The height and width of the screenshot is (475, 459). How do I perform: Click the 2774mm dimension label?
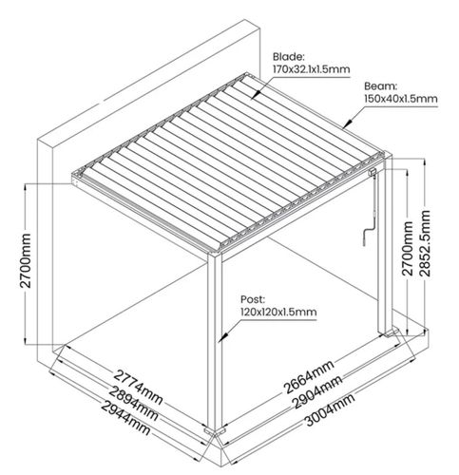pyautogui.click(x=139, y=387)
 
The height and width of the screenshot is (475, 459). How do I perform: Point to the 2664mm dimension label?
pyautogui.click(x=309, y=377)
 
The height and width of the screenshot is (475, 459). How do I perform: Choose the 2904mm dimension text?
pyautogui.click(x=317, y=392)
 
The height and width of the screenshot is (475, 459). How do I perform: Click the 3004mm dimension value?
pyautogui.click(x=330, y=409)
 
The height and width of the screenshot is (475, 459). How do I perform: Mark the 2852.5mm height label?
pyautogui.click(x=426, y=243)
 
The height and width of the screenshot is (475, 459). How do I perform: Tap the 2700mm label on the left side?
pyautogui.click(x=26, y=260)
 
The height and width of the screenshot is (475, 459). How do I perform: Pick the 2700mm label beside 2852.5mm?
pyautogui.click(x=408, y=249)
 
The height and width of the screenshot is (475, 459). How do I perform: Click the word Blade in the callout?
pyautogui.click(x=289, y=57)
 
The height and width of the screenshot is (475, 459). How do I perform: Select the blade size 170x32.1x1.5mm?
pyautogui.click(x=312, y=68)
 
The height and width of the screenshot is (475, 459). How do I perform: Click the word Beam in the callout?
pyautogui.click(x=380, y=86)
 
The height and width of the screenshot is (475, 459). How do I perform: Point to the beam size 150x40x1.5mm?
pyautogui.click(x=401, y=99)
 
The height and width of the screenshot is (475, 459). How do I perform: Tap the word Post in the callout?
pyautogui.click(x=252, y=299)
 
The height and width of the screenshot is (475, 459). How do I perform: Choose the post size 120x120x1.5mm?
pyautogui.click(x=278, y=312)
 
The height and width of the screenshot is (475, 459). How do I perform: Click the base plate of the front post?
pyautogui.click(x=216, y=431)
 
